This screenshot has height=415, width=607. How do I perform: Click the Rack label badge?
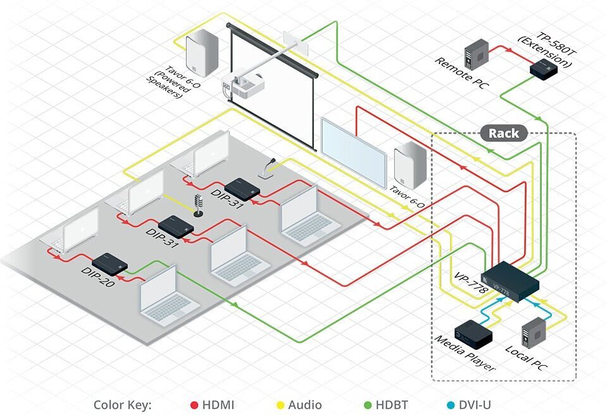(x=503, y=133)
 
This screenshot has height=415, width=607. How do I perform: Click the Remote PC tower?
(x=477, y=53)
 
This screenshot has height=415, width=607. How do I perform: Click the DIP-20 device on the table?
(x=110, y=263)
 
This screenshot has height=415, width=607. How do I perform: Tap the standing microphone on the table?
(x=198, y=206)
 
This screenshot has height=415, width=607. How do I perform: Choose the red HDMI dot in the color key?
(x=195, y=405)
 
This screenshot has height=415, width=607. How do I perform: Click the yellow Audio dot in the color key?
(x=280, y=405)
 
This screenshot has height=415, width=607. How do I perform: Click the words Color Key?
(x=122, y=405)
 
